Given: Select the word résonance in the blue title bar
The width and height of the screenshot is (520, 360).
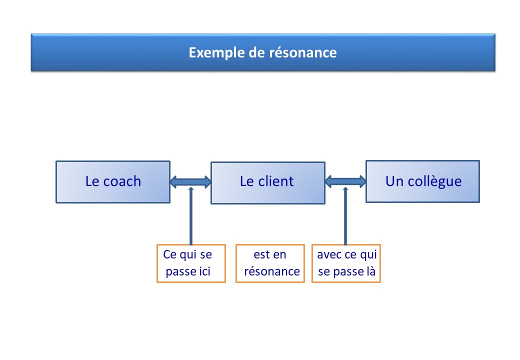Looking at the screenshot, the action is pyautogui.click(x=303, y=52).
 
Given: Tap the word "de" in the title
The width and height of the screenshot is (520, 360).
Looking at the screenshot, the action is pyautogui.click(x=257, y=52).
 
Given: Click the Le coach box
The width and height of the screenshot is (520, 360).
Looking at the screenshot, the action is pyautogui.click(x=113, y=182).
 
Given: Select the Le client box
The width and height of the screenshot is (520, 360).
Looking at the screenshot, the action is pyautogui.click(x=268, y=183).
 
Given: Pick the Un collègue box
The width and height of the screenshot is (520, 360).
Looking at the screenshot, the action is pyautogui.click(x=423, y=181).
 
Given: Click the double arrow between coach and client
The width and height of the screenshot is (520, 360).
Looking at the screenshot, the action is pyautogui.click(x=190, y=181).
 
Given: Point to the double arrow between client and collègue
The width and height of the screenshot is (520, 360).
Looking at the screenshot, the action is pyautogui.click(x=345, y=181).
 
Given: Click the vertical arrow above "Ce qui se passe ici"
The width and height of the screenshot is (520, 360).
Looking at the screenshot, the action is pyautogui.click(x=190, y=216).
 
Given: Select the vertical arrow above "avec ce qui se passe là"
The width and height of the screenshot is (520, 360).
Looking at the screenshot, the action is pyautogui.click(x=345, y=216).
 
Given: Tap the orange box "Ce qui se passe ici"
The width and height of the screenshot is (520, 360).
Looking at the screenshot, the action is pyautogui.click(x=191, y=263).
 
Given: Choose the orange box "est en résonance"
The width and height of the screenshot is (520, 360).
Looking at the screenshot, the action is pyautogui.click(x=270, y=263).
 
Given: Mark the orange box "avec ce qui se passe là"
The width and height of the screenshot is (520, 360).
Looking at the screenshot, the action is pyautogui.click(x=346, y=263).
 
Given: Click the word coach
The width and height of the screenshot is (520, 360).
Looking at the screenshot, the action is pyautogui.click(x=122, y=181).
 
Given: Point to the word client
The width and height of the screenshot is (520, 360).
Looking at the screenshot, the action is pyautogui.click(x=276, y=181).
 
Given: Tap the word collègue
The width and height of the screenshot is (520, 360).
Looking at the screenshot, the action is pyautogui.click(x=434, y=181).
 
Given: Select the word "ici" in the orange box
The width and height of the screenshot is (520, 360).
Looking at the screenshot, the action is pyautogui.click(x=204, y=271).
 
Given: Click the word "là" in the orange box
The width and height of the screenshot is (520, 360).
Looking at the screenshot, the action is pyautogui.click(x=371, y=271).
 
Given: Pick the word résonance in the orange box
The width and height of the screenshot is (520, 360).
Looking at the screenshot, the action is pyautogui.click(x=272, y=271).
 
